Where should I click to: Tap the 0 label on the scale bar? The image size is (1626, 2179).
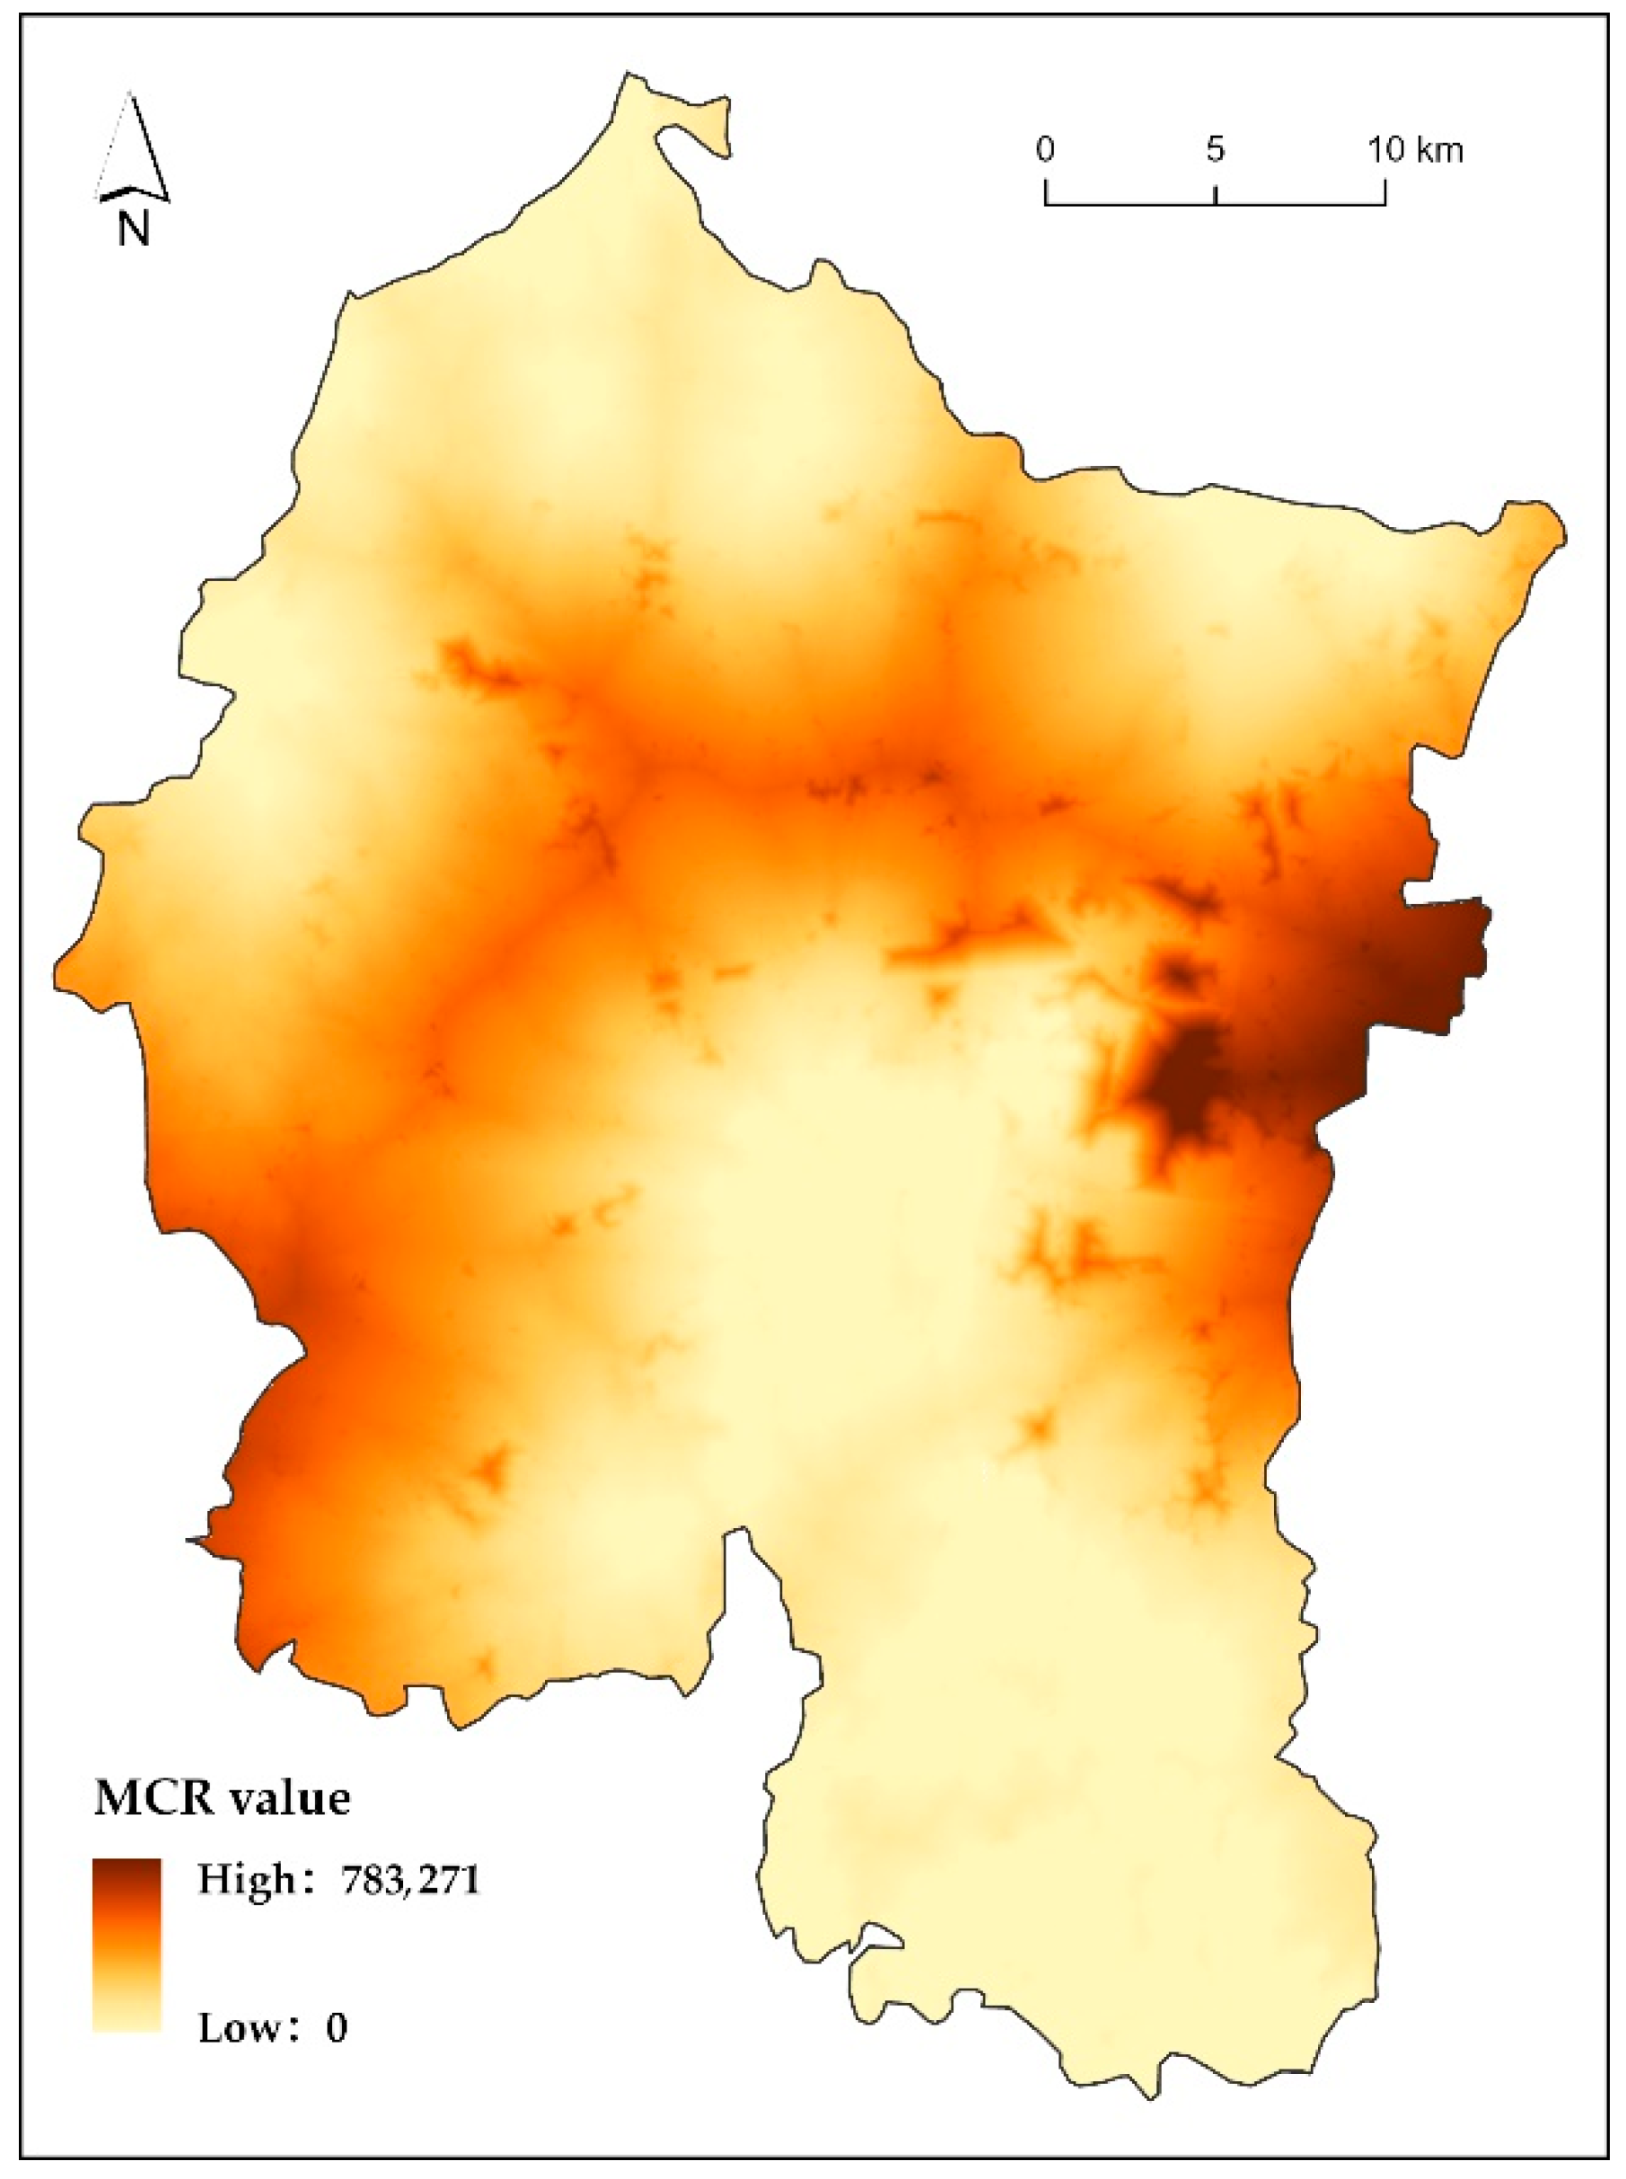coord(1045,150)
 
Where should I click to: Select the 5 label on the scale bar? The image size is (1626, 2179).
coord(1216,150)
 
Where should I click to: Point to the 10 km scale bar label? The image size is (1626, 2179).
coord(1414,150)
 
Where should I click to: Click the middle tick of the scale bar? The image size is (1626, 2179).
coord(1217,194)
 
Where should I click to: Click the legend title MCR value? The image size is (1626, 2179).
coord(223,1798)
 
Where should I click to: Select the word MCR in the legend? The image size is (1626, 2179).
coord(154,1798)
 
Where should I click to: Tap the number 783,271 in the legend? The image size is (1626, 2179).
coord(409,1880)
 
